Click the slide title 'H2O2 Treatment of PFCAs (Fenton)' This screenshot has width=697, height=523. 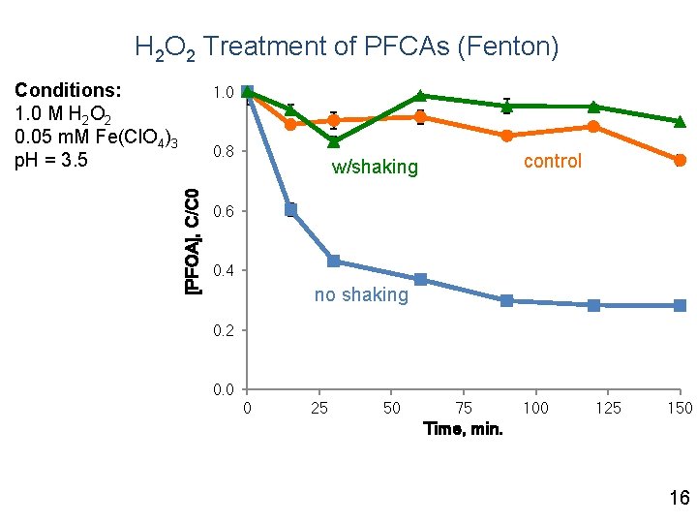(x=347, y=46)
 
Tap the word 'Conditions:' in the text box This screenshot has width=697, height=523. (x=68, y=90)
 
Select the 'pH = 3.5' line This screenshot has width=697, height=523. (x=51, y=159)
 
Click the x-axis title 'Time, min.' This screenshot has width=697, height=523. (x=463, y=428)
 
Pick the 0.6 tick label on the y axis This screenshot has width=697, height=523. (x=223, y=211)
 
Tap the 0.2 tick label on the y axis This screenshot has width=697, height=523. (x=223, y=330)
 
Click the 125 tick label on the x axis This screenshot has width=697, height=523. (x=607, y=408)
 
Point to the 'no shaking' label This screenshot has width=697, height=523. (x=361, y=294)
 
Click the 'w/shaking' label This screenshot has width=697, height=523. (x=375, y=168)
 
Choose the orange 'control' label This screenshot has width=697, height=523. (x=552, y=161)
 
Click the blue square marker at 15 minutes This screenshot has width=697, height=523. (x=290, y=209)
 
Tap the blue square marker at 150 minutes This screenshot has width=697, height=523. (x=680, y=305)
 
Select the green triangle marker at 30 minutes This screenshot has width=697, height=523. (x=333, y=141)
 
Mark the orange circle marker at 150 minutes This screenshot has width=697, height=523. (x=680, y=160)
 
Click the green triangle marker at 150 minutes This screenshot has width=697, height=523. (x=680, y=121)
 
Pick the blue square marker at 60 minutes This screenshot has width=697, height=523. (x=420, y=279)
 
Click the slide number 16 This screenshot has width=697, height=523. (x=679, y=498)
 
